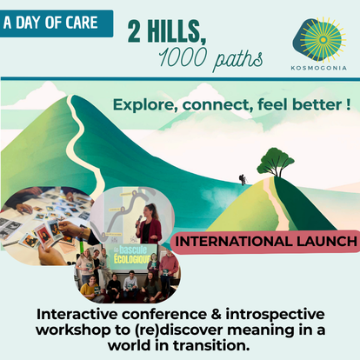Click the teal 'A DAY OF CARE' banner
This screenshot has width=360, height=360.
[57, 23]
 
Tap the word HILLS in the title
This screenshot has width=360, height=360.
[177, 32]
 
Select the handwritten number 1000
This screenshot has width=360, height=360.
[183, 57]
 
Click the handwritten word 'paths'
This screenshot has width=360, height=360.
[237, 60]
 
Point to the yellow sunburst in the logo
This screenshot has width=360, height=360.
[323, 40]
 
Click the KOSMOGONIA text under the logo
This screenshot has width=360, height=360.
[319, 68]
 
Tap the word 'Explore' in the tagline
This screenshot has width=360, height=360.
[145, 105]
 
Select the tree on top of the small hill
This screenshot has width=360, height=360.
[275, 162]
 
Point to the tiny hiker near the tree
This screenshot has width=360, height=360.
[243, 180]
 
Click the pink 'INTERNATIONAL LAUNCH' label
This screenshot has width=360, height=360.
[265, 242]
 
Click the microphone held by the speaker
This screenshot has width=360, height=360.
[139, 221]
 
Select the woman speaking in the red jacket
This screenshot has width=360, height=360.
[150, 224]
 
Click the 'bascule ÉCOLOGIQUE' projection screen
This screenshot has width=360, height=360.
[132, 258]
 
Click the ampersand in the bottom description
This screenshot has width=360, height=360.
[217, 315]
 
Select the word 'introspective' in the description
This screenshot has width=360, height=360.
[276, 316]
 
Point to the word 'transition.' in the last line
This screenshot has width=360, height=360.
[211, 345]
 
